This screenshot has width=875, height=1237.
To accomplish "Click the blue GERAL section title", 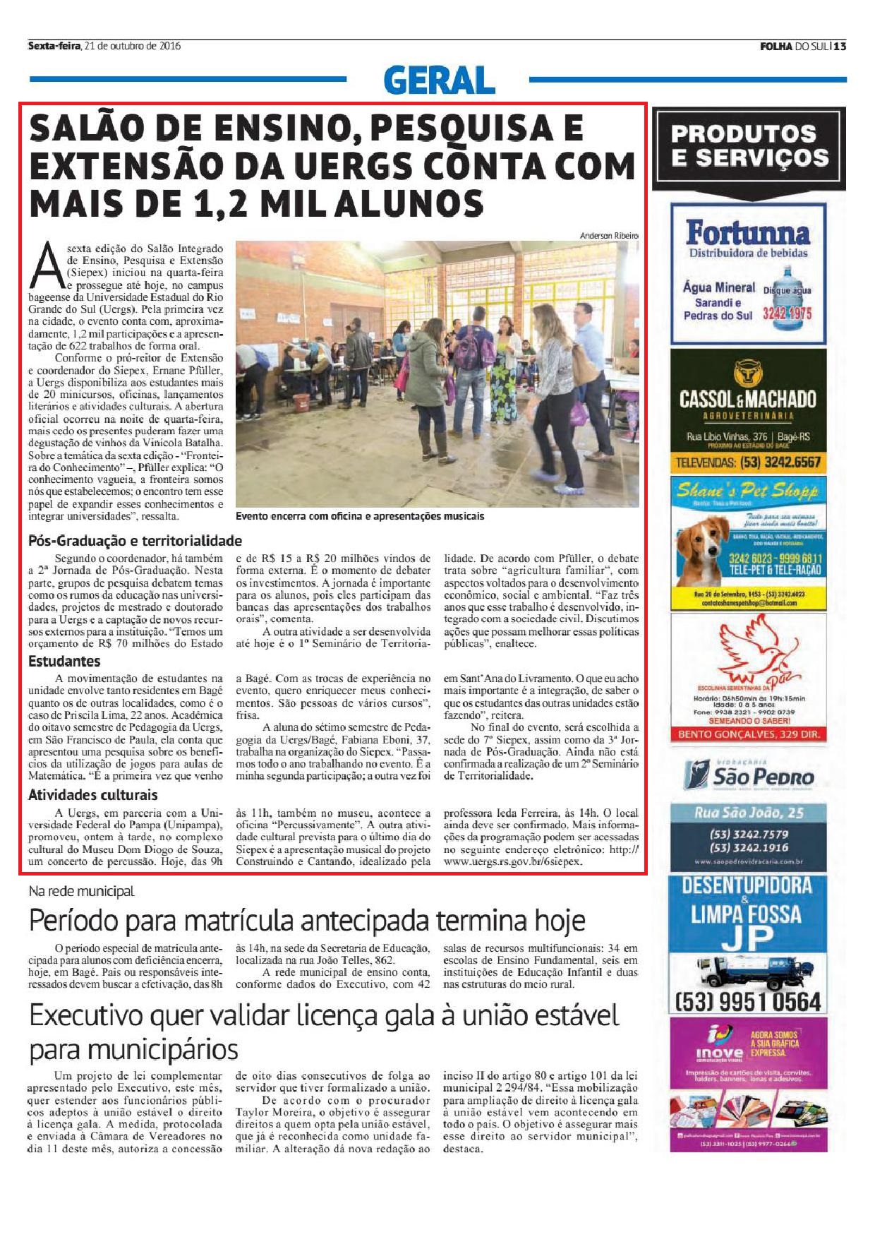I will click(x=439, y=80).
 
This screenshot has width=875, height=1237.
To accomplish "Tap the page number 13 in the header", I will click(x=839, y=47).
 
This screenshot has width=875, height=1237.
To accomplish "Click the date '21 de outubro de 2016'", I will click(x=132, y=47).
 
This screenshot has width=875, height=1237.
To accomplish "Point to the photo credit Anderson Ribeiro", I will click(x=609, y=235).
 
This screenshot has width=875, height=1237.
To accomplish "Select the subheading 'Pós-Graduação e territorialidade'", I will click(x=135, y=542).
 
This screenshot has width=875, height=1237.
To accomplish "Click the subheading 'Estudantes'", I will click(x=64, y=662).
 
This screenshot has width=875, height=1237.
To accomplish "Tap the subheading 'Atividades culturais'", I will click(x=92, y=795).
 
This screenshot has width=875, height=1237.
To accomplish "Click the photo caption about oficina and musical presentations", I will click(x=360, y=516).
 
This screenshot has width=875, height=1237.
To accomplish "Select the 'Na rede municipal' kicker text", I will click(x=81, y=892).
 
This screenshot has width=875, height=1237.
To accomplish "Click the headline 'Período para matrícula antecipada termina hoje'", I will click(x=307, y=921).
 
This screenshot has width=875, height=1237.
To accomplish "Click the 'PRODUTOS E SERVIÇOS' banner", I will click(x=749, y=145).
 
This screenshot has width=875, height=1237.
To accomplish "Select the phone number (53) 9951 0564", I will click(x=748, y=1001).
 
